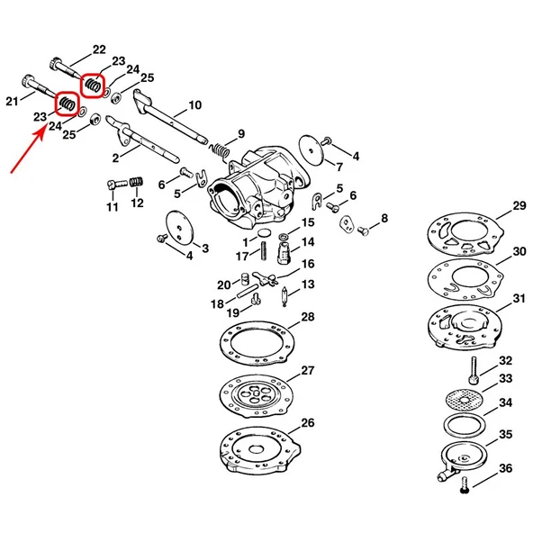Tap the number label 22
coord(98,50)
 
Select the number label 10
coord(194,105)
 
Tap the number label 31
coord(519,298)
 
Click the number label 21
coord(12,101)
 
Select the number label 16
coord(307,264)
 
